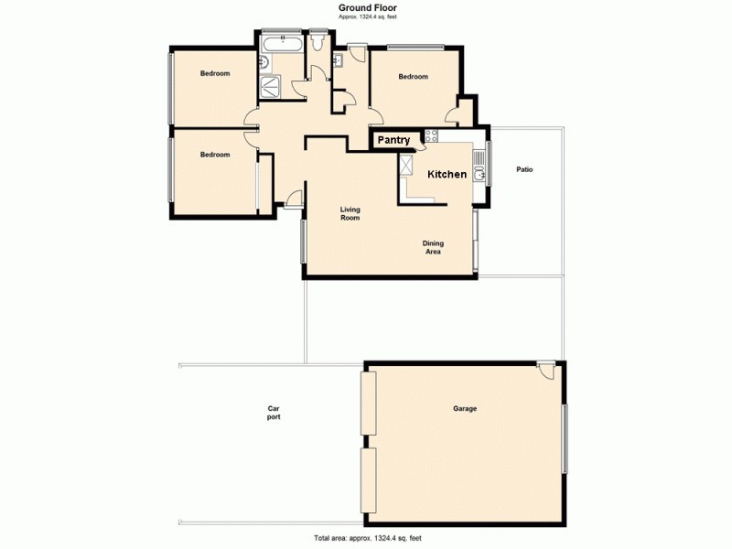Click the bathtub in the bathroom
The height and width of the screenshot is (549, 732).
(x=283, y=43)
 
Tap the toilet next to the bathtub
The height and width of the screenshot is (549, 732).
(x=317, y=41)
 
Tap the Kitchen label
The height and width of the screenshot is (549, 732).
(x=447, y=174)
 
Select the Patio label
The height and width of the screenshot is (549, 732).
(x=524, y=169)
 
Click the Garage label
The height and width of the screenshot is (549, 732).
(x=465, y=409)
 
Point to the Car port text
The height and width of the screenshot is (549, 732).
(x=274, y=413)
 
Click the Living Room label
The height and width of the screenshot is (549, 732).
(x=350, y=213)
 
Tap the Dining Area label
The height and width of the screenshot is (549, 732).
(x=433, y=247)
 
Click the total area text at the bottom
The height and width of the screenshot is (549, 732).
(x=366, y=538)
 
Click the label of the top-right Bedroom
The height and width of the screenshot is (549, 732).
(x=413, y=77)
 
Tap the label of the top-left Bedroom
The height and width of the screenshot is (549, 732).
(x=215, y=73)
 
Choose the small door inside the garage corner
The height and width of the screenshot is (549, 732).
(x=545, y=371)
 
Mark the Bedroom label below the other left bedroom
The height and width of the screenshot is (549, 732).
(x=215, y=155)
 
